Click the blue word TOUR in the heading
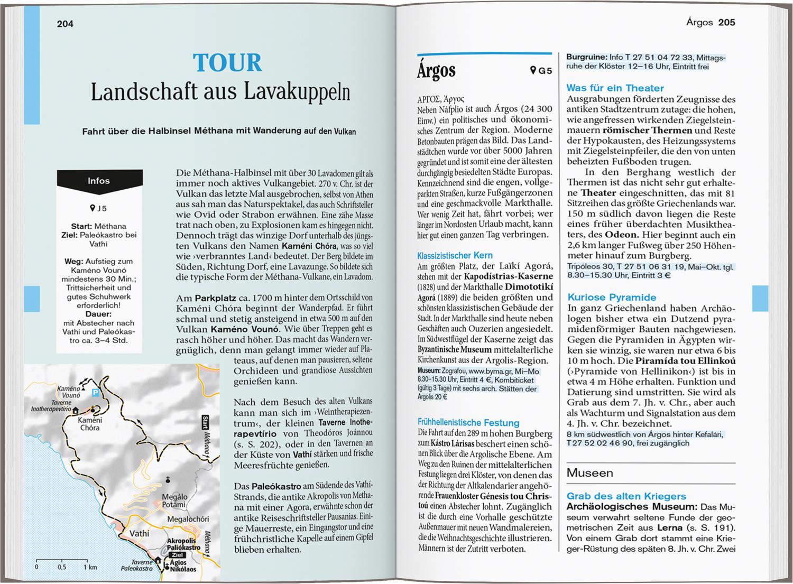point(227,63)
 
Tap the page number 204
point(65,24)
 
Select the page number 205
point(726,23)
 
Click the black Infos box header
point(99,181)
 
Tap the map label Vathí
point(139,533)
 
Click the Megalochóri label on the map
point(188,519)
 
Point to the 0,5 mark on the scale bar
point(62,567)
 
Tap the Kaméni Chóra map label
point(89,424)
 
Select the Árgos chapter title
point(436,71)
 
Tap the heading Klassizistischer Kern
point(454,255)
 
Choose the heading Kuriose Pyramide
point(612,298)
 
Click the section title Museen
point(589,473)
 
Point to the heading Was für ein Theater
point(615,88)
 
